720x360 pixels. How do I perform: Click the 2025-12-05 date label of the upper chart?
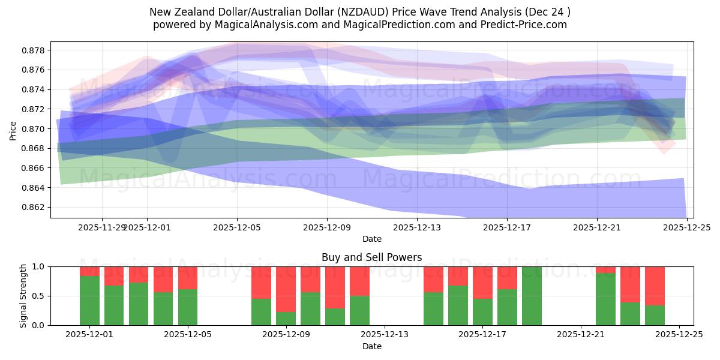pyautogui.click(x=237, y=227)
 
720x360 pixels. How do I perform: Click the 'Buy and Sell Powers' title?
pyautogui.click(x=371, y=257)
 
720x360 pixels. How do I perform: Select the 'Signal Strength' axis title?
pyautogui.click(x=23, y=296)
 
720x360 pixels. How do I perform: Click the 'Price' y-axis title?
pyautogui.click(x=13, y=130)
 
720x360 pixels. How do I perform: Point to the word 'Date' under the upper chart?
pyautogui.click(x=371, y=239)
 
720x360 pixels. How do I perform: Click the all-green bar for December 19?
pyautogui.click(x=532, y=296)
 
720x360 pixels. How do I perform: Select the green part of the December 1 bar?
pyautogui.click(x=89, y=301)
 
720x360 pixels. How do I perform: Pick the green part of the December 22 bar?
pyautogui.click(x=605, y=299)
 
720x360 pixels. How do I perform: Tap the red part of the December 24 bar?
pyautogui.click(x=655, y=286)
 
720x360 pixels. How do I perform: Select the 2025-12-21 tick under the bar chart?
pyautogui.click(x=581, y=334)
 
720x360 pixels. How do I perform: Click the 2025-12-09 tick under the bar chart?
pyautogui.click(x=286, y=334)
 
